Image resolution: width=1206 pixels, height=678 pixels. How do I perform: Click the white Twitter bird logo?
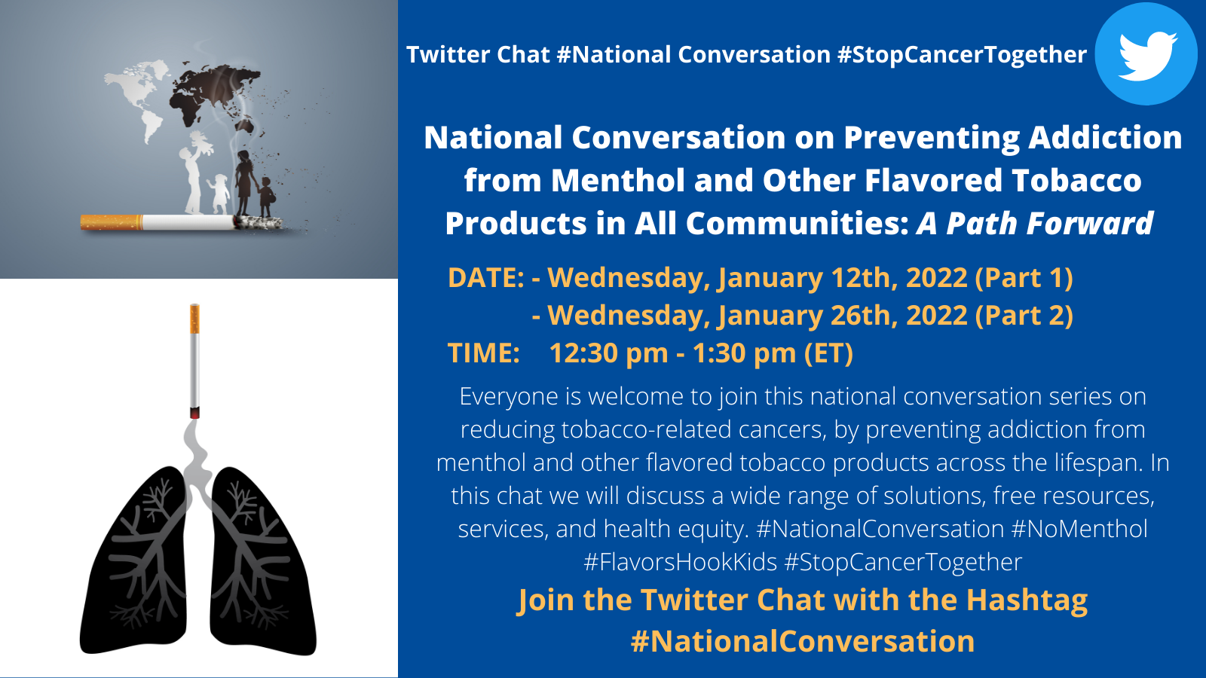pos(1147,56)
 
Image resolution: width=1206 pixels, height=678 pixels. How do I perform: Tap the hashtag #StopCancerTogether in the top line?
pos(962,55)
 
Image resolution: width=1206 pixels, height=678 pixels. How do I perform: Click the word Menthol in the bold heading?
pos(618,180)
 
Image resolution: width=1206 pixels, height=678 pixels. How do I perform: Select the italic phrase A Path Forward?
pos(1034,223)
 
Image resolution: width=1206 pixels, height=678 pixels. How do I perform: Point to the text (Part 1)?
pos(1024,278)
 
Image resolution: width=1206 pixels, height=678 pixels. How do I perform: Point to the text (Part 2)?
pos(1024,316)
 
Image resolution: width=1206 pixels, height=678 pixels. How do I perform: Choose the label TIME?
pos(483,353)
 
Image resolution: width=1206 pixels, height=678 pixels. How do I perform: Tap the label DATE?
pos(485,278)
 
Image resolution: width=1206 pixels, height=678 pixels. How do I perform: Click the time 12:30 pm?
pos(608,353)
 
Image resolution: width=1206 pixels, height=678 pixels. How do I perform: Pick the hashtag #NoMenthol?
pos(1079,529)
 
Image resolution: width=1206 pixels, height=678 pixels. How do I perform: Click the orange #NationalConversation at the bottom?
pos(802,641)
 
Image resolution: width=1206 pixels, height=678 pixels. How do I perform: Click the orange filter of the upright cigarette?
pos(195,319)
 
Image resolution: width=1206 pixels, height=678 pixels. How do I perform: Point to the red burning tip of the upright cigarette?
pos(195,413)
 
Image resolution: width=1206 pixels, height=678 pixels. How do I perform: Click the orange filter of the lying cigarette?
pos(112,222)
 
